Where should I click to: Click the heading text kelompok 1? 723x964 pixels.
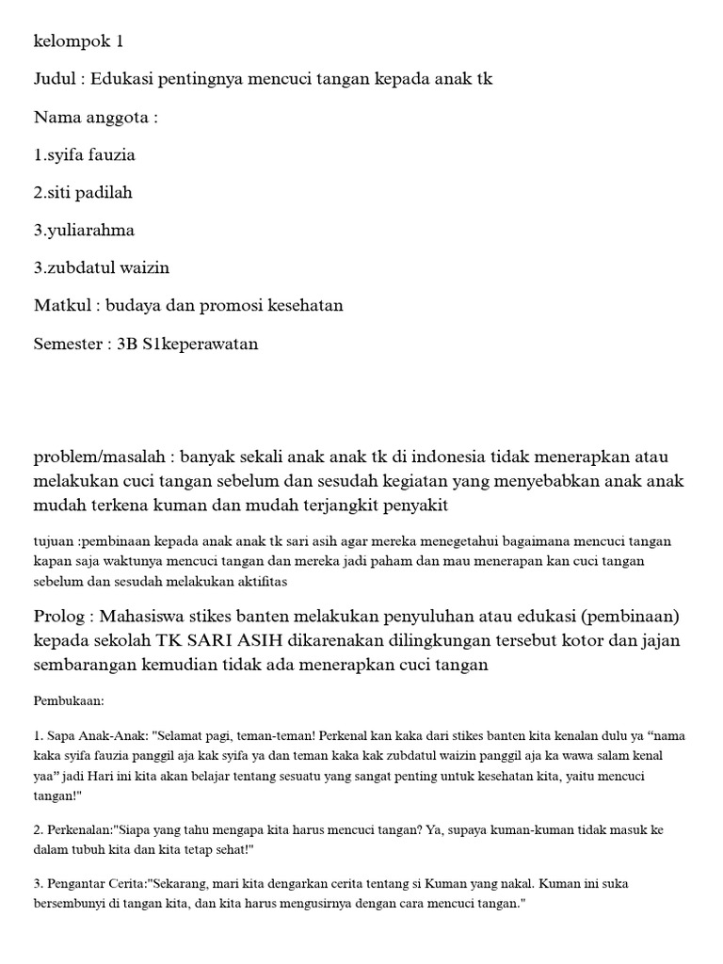[78, 41]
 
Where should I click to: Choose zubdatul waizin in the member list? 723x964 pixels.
[107, 268]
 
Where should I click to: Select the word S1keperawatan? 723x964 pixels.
[201, 344]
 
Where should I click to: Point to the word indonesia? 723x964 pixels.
[446, 458]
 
